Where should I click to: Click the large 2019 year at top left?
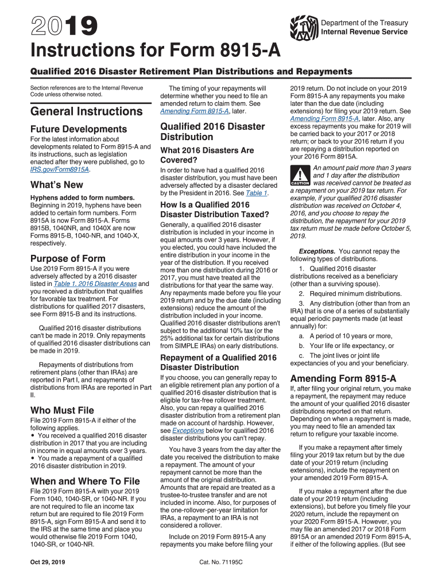tap(57, 26)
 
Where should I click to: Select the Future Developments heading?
tap(78, 129)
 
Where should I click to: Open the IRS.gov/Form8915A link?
tap(60, 170)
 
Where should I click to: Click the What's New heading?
tap(56, 185)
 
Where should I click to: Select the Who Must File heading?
tap(61, 411)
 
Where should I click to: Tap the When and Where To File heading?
tap(84, 481)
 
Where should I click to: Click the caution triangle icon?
tap(299, 175)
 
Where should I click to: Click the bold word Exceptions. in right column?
tap(317, 252)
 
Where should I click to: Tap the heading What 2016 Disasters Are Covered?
tap(207, 155)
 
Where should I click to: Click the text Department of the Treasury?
tap(365, 23)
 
